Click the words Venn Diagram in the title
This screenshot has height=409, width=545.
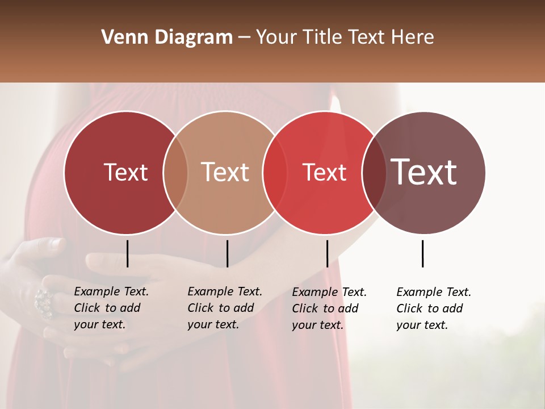[167, 37]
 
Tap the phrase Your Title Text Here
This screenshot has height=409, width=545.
[345, 37]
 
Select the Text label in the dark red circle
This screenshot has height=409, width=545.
[125, 172]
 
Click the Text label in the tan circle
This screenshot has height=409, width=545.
[225, 172]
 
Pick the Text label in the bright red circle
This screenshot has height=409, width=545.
[324, 172]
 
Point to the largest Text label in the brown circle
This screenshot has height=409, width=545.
[424, 172]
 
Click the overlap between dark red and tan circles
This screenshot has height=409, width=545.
[175, 172]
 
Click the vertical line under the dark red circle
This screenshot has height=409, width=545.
[127, 253]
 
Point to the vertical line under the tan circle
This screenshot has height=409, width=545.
[227, 253]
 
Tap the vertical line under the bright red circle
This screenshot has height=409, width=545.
[327, 253]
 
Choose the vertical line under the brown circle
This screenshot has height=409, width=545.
[422, 253]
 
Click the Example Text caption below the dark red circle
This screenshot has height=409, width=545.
[111, 308]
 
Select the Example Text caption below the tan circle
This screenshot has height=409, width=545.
[225, 308]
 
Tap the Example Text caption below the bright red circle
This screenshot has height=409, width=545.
[329, 308]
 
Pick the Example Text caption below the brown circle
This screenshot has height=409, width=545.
[434, 308]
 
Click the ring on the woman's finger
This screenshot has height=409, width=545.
[43, 302]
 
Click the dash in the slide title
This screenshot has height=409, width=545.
[244, 38]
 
